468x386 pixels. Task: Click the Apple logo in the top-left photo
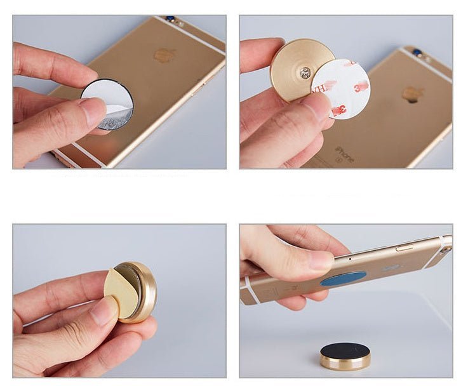coord(164,55)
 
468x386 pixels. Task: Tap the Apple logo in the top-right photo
coord(413,94)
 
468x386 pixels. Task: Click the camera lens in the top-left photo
coord(170,19)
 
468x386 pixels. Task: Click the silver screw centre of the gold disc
coord(306,72)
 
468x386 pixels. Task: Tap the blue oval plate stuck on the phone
coord(344,278)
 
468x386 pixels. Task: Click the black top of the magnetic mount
coord(345,350)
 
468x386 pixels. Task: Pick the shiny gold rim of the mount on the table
coord(345,363)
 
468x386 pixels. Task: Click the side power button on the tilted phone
coord(404,248)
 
